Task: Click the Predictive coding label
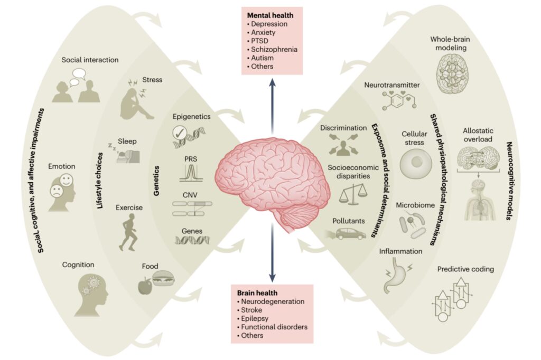(x=465, y=269)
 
